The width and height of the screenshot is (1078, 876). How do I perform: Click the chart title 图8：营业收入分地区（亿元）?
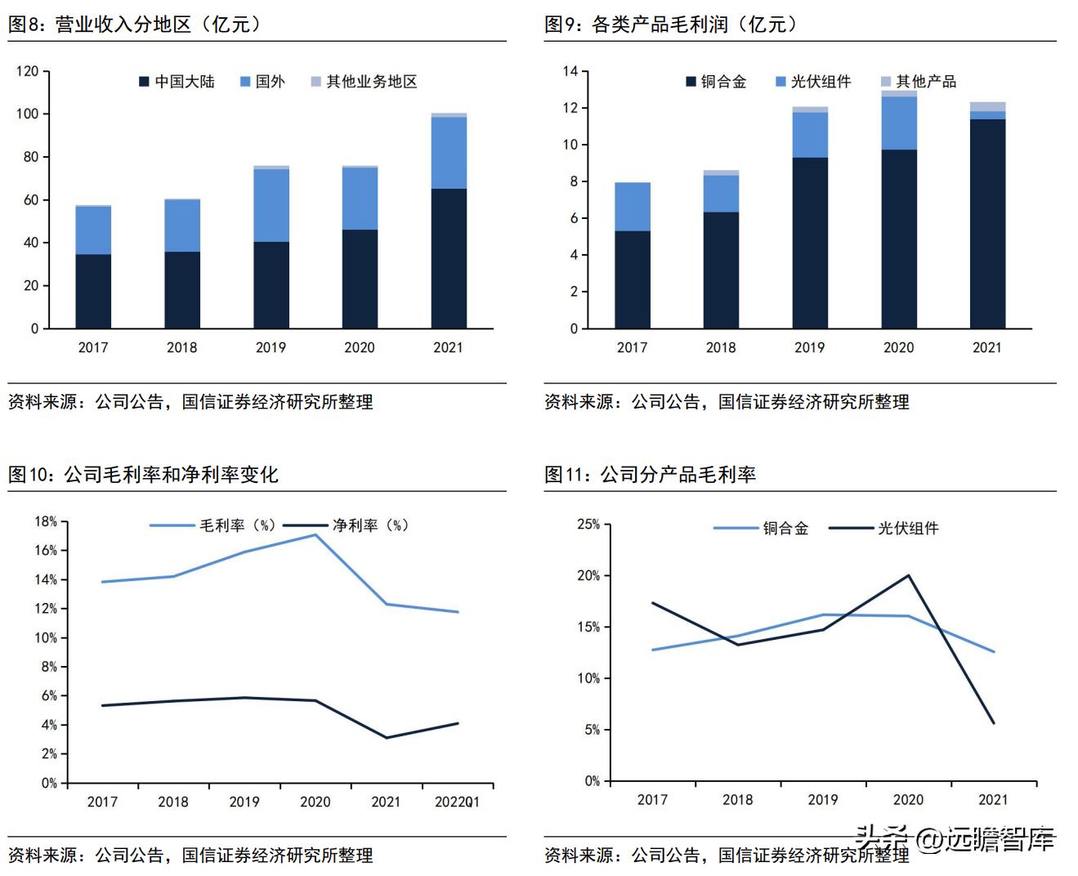coord(135,25)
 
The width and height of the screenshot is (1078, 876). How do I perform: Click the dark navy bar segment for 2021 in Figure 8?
coord(449,258)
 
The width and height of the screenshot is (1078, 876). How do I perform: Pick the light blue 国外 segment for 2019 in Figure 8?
coord(271,205)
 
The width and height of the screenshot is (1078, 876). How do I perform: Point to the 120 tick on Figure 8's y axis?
coord(27,71)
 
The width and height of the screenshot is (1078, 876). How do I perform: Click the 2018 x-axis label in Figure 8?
coord(181,347)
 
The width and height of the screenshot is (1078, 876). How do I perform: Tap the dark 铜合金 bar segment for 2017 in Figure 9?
coord(632,279)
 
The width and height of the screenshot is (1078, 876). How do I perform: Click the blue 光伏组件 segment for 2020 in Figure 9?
coord(898,123)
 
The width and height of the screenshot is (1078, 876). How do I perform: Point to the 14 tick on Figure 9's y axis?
coord(570,71)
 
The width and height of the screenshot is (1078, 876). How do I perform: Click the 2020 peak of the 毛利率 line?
coord(315,534)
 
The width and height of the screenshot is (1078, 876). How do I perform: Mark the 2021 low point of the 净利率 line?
coord(387,738)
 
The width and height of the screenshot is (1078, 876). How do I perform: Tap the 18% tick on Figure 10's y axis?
coord(45,521)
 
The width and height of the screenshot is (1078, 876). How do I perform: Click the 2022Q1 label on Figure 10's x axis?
coord(457,802)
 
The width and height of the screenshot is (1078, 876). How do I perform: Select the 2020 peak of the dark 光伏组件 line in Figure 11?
coord(908,575)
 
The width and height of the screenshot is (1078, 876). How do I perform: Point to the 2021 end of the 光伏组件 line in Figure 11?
coord(994,723)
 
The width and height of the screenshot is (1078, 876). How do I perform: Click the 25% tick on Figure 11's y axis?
coord(588,524)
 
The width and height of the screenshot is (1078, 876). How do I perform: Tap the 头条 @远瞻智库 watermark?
coord(955,839)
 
